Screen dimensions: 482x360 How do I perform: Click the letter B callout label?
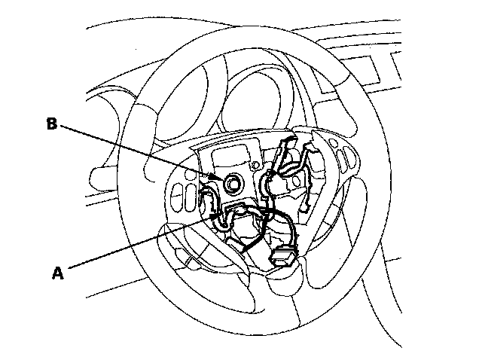coord(51,124)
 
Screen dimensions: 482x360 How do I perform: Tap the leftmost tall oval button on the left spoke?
coord(179,199)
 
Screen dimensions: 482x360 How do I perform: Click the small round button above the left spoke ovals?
coord(185,181)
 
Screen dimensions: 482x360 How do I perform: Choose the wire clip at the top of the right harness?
coord(290,145)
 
